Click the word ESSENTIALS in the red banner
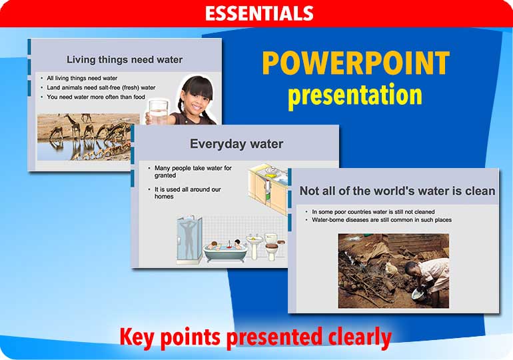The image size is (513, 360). pos(258,13)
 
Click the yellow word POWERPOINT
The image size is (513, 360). pos(355,63)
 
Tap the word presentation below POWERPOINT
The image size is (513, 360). pos(355,95)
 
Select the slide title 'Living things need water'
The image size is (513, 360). pos(125,59)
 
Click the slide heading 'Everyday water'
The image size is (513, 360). pos(237,143)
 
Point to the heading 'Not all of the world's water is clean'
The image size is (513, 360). pos(397,191)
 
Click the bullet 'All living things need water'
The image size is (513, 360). pos(82,78)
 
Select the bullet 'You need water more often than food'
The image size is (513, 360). pos(96,97)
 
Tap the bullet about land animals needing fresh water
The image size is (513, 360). pos(101,87)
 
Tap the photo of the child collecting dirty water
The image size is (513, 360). pos(393,270)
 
